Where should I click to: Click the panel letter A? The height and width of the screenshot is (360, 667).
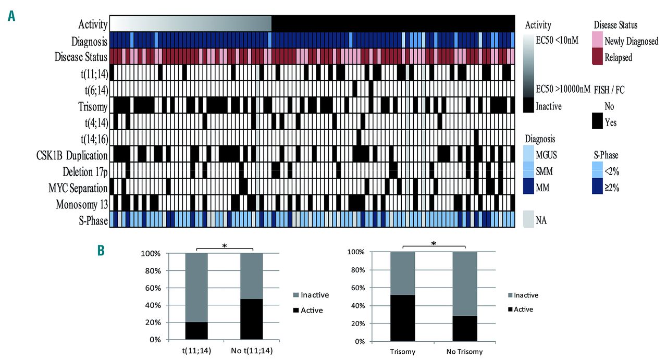coord(11,16)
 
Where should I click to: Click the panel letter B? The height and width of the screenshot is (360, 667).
coord(101,250)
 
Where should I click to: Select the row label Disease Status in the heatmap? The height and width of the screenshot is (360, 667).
coord(81,56)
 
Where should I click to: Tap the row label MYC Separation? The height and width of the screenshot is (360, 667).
coord(79,188)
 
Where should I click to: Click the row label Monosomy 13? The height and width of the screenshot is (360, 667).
coord(82,204)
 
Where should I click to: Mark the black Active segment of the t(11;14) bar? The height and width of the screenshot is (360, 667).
coord(197,330)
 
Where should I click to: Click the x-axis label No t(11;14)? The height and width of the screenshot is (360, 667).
coord(251,352)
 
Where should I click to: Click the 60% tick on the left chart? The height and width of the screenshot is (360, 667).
coord(153,288)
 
